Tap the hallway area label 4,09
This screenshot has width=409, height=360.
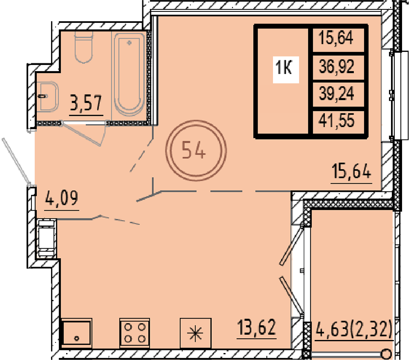click(62, 198)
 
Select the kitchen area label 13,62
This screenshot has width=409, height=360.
click(257, 328)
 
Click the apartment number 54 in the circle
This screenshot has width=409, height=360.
click(193, 150)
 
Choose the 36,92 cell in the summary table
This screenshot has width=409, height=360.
click(337, 66)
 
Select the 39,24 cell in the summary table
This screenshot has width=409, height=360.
click(337, 94)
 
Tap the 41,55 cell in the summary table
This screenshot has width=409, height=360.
click(337, 121)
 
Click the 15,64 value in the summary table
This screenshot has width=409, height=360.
click(336, 38)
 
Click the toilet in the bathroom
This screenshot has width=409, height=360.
click(84, 47)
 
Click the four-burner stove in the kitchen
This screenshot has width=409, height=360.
click(135, 333)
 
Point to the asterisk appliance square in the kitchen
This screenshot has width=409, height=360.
click(196, 333)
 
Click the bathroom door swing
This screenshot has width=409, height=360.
click(83, 133)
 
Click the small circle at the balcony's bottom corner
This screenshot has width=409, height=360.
click(387, 354)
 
